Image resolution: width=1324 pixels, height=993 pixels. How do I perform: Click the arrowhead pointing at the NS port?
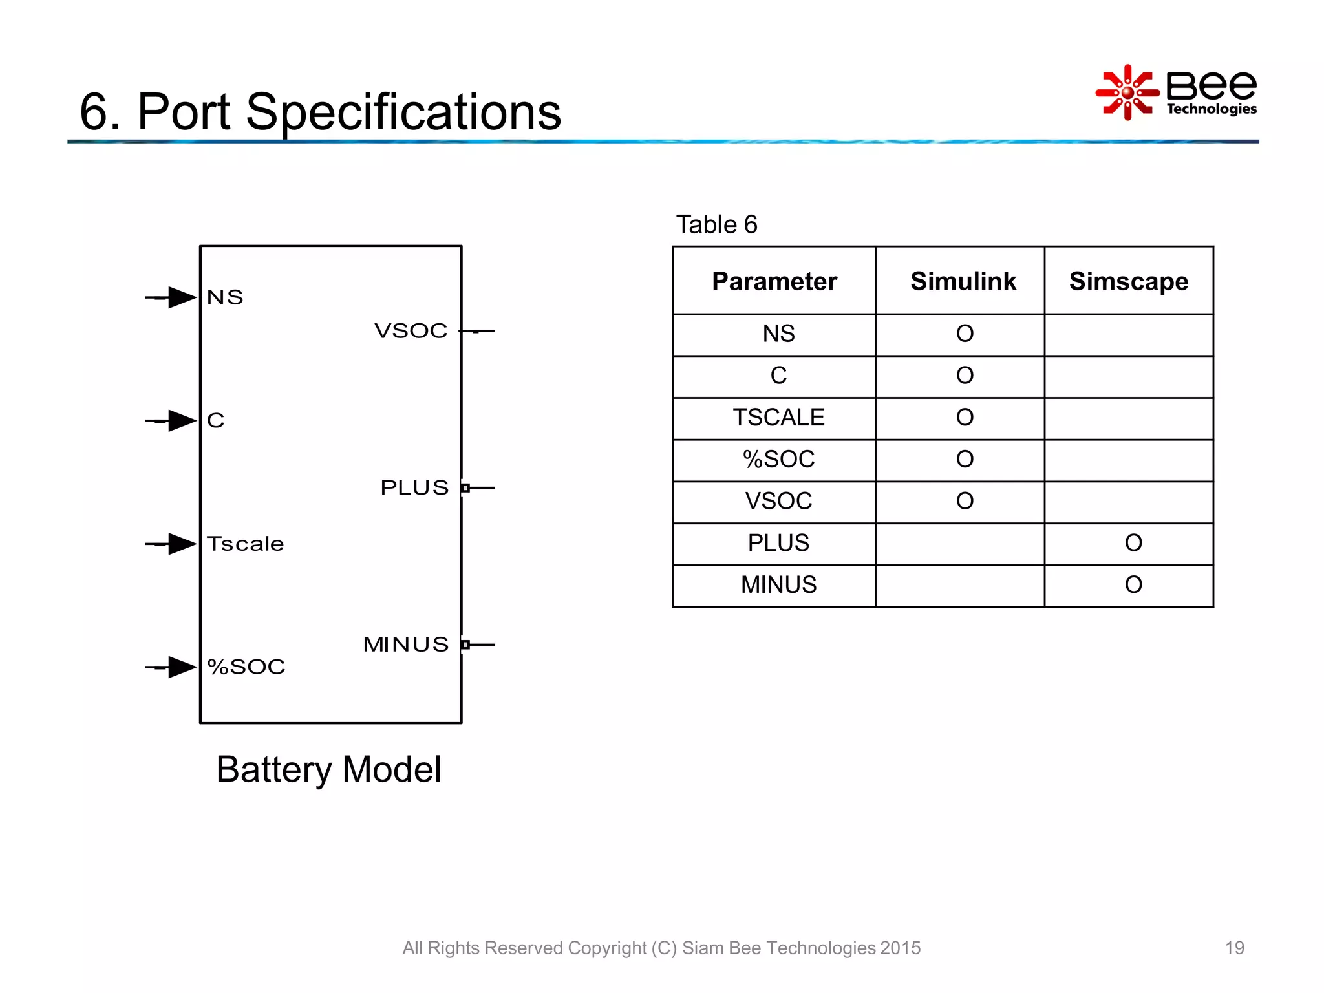tap(182, 297)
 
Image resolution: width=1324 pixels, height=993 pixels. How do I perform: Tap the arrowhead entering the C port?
tap(182, 421)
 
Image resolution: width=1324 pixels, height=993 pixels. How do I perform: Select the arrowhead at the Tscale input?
tap(182, 544)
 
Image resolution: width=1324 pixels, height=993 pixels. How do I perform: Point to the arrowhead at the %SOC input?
tap(182, 667)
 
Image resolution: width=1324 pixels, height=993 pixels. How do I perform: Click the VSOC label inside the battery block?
tap(411, 331)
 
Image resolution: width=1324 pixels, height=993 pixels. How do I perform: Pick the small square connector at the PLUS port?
tap(465, 487)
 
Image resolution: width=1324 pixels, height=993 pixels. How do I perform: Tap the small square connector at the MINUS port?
tap(465, 645)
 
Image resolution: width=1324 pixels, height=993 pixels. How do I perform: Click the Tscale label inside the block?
tap(246, 544)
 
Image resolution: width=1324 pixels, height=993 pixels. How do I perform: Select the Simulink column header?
tap(963, 281)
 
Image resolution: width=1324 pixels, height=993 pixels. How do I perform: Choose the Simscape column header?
tap(1128, 281)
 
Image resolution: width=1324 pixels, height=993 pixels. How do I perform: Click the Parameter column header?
tap(774, 281)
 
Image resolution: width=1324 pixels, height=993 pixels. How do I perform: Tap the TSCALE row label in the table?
tap(778, 418)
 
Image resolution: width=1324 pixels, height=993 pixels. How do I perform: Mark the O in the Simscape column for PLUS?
tap(1133, 543)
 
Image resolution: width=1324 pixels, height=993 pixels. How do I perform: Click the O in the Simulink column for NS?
tap(965, 334)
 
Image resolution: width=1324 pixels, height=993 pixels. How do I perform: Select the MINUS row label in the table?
tap(778, 585)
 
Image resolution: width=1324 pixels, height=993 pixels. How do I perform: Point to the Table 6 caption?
tap(716, 225)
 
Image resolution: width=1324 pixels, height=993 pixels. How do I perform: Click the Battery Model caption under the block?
tap(328, 769)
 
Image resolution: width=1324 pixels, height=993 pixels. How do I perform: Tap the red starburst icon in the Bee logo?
tap(1127, 92)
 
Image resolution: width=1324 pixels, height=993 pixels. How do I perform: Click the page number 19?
tap(1234, 948)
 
